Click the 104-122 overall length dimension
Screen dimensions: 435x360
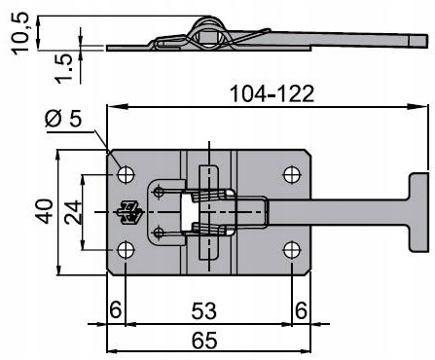[x=272, y=94]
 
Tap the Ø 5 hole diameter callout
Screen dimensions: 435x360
[x=63, y=119]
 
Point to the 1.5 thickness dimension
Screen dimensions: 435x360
[x=62, y=68]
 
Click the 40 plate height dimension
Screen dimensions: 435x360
[x=44, y=212]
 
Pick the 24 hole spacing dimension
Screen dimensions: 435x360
[x=73, y=212]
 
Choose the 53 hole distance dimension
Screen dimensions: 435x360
[x=203, y=310]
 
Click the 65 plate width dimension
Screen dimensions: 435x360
[x=204, y=341]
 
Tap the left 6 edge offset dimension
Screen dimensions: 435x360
[x=115, y=309]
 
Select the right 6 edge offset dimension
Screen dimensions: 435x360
[x=301, y=310]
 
